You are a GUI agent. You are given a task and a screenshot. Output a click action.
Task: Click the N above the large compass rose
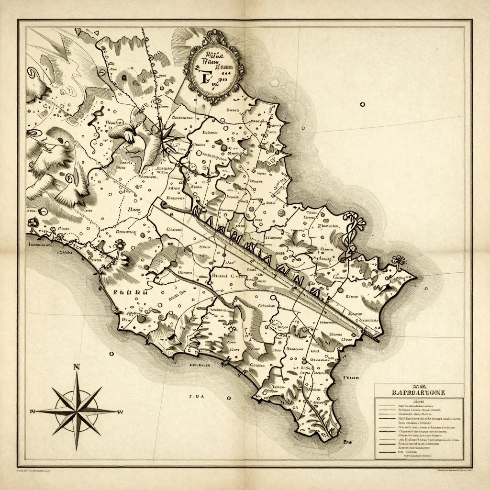[76, 367]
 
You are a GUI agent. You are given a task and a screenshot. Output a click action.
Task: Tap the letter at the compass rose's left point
[33, 411]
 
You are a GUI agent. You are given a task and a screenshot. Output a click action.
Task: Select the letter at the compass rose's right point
[121, 412]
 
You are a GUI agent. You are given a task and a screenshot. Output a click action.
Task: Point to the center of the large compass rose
[77, 411]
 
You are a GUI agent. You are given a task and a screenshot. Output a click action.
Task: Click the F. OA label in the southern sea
[197, 396]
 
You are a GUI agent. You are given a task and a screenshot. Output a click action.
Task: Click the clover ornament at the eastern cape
[397, 260]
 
